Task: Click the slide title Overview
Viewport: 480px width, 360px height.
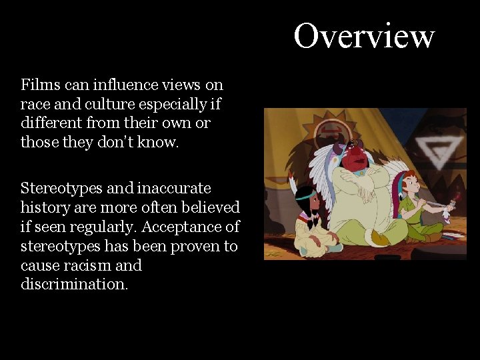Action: click(364, 36)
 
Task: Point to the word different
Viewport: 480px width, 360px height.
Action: click(51, 123)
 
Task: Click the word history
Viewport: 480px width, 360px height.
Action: click(45, 207)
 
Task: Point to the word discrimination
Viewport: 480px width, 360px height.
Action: click(73, 285)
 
